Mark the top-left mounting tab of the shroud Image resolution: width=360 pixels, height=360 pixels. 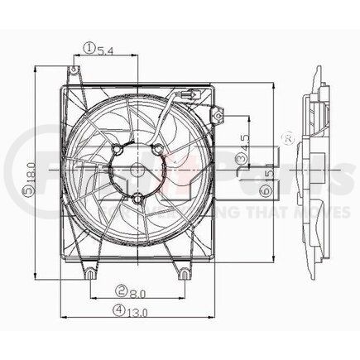coord(75,76)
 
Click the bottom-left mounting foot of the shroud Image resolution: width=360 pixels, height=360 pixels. coord(88,272)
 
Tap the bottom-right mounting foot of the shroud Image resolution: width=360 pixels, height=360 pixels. coord(184,272)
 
